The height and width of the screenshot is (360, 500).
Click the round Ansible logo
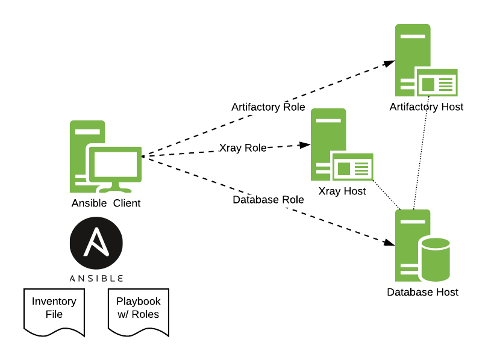click(96, 243)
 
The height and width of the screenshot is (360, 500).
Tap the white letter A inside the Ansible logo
click(96, 242)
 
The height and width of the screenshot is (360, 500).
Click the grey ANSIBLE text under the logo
click(96, 279)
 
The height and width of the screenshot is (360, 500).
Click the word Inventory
click(54, 302)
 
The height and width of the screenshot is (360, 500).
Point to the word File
click(54, 314)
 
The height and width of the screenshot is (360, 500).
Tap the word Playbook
click(139, 302)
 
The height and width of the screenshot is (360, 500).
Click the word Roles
click(145, 314)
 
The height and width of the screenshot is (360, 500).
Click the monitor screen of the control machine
click(116, 164)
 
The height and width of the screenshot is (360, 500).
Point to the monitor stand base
click(114, 190)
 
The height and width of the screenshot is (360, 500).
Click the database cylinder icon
click(435, 259)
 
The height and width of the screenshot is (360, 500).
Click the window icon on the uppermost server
click(437, 83)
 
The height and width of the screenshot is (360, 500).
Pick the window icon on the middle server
click(353, 167)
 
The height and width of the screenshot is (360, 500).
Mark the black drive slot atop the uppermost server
click(413, 37)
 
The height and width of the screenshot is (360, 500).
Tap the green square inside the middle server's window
click(344, 169)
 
